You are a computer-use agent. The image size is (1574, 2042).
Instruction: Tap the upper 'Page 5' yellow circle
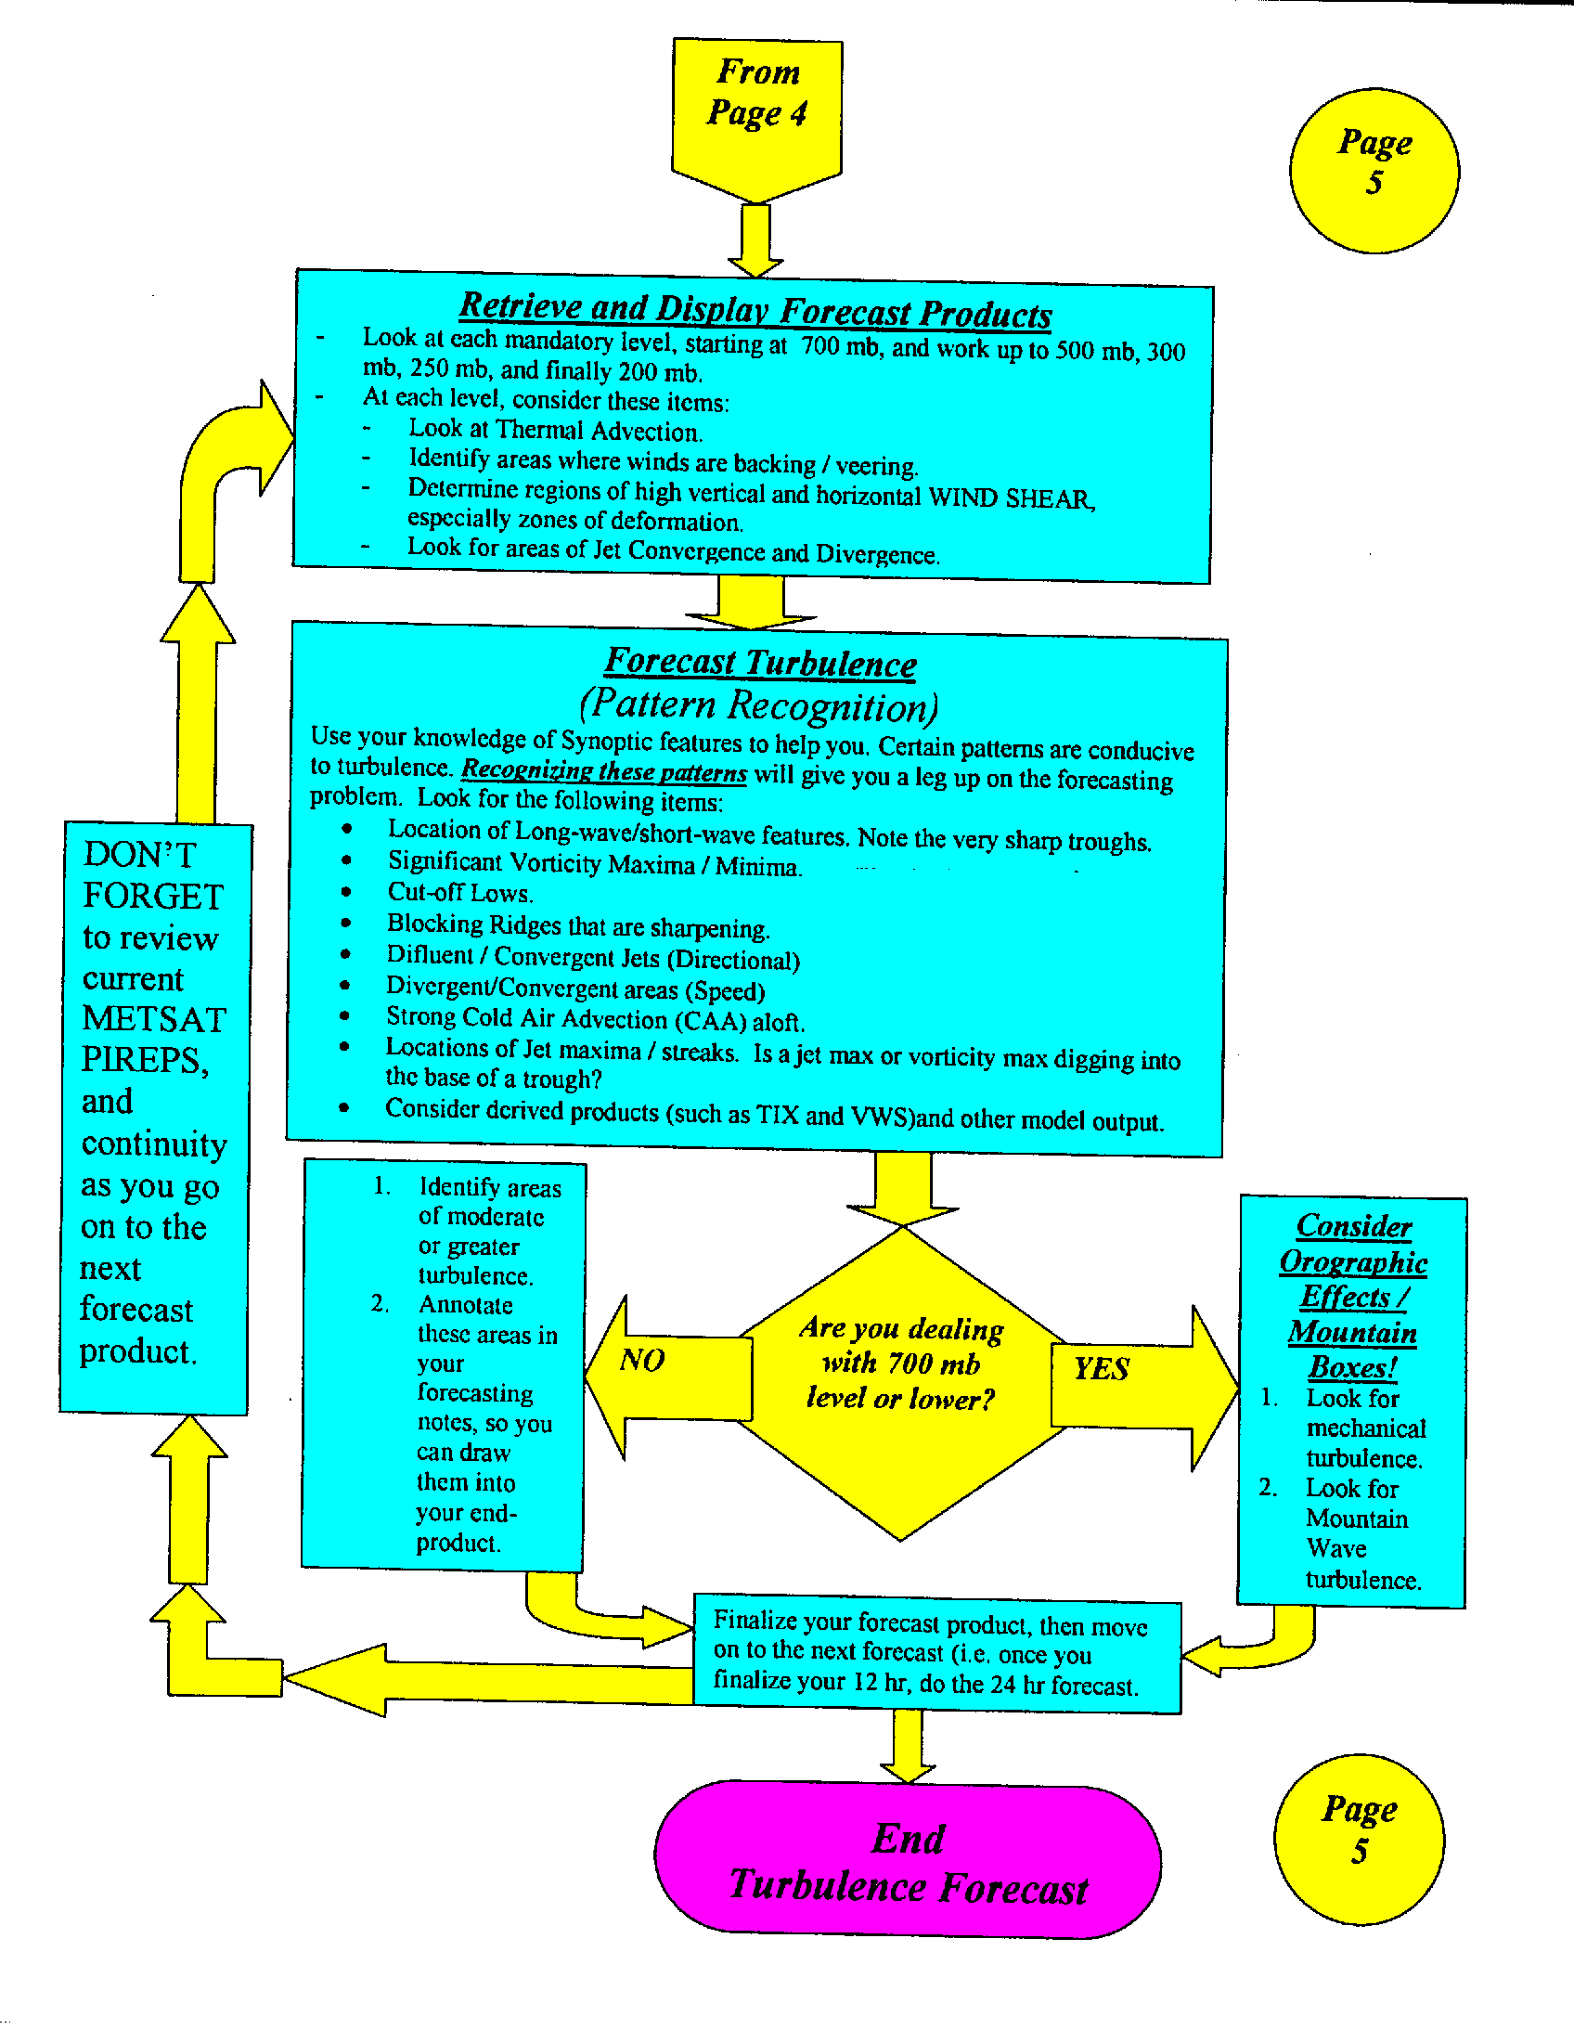point(1373,170)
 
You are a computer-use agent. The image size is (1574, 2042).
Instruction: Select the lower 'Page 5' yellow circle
point(1358,1838)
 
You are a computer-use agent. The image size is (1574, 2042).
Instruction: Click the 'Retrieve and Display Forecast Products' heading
point(755,309)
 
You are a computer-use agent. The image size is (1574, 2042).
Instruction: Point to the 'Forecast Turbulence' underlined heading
point(760,662)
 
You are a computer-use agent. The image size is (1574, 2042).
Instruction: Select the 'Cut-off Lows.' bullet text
point(460,893)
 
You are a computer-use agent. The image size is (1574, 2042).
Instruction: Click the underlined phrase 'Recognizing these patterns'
point(604,771)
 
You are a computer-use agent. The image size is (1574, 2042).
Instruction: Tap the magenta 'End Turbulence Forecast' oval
point(908,1861)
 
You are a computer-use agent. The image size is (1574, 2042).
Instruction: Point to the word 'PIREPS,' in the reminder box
point(145,1060)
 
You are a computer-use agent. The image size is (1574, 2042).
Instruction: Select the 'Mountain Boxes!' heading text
point(1351,1350)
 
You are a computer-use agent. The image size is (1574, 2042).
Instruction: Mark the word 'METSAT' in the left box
point(154,1019)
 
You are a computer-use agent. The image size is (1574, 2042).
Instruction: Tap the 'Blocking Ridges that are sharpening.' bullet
point(577,926)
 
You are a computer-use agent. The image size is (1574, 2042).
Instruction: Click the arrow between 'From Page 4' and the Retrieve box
point(755,239)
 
